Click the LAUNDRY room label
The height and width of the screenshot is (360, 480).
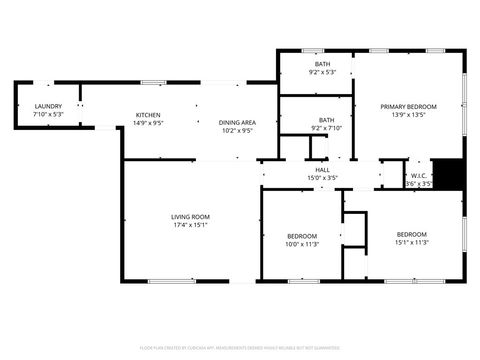(48, 106)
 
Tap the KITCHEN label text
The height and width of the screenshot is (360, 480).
(148, 115)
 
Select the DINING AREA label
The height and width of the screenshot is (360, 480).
(238, 121)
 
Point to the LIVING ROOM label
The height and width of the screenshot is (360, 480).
(190, 216)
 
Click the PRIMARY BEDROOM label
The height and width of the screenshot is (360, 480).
(408, 106)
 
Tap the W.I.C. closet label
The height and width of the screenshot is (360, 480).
(420, 175)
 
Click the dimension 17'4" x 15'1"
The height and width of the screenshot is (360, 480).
(190, 225)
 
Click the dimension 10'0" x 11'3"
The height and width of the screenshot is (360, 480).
(302, 244)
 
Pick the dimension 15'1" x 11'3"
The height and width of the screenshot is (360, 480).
(411, 242)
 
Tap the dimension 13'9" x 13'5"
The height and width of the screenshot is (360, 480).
(408, 115)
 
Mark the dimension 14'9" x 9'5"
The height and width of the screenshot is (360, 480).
(148, 124)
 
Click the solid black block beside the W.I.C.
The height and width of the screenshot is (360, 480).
(453, 174)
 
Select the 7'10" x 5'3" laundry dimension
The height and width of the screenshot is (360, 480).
(48, 115)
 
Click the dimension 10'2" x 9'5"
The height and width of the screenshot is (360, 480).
(238, 130)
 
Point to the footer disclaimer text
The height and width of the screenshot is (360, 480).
(240, 347)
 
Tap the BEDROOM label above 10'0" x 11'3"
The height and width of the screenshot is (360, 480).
(302, 235)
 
